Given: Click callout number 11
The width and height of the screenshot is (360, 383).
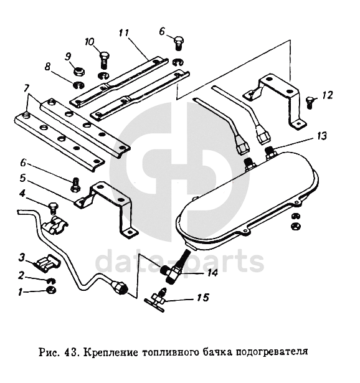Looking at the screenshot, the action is (124, 33).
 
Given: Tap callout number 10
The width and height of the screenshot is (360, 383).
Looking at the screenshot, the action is (90, 42).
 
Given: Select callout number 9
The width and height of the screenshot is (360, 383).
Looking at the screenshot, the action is (68, 57).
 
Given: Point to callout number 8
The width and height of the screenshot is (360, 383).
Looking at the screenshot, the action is (47, 67).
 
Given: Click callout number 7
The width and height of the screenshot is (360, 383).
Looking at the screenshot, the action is (26, 88).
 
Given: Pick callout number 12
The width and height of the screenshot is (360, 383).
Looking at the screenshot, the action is (327, 95).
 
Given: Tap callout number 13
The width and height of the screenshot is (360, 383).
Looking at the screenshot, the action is (322, 136).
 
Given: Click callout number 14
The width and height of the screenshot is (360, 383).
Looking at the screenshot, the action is (212, 273).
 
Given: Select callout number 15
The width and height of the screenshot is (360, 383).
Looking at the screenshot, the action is (203, 298).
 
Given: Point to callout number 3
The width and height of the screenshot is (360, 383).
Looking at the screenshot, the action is (22, 257).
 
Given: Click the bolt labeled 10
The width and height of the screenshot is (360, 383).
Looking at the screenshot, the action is (104, 60).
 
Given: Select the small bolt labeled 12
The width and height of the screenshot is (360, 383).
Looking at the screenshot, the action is (310, 103).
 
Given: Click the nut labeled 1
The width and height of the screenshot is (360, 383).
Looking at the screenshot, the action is (51, 290).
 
